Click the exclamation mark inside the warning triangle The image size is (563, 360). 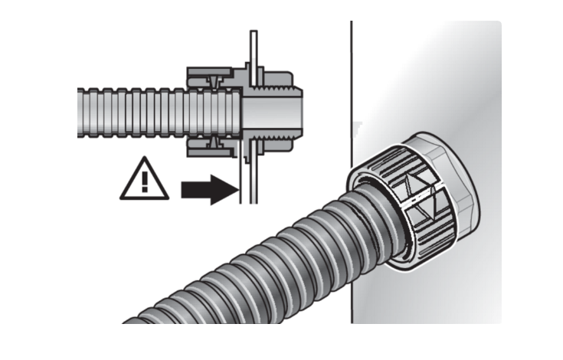pos(143,182)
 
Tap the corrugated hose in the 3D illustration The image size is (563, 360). pos(253,276)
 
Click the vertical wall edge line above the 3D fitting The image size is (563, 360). pos(350,77)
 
